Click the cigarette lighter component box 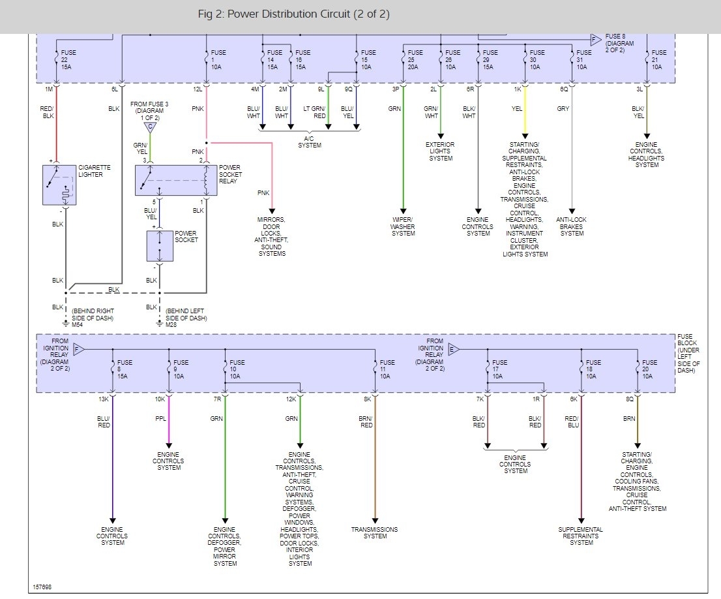coord(59,185)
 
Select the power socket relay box coord(175,180)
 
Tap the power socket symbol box coord(160,245)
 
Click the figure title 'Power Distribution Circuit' coord(293,14)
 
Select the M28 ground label coord(171,325)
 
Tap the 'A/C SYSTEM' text coord(310,142)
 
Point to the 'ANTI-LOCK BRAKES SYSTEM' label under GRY coord(572,226)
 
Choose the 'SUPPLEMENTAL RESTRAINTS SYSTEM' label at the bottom coord(580,536)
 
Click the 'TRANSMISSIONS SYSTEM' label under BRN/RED coord(374,532)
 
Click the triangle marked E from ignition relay coord(454,349)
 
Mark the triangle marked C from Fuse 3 coord(151,127)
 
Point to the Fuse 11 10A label coord(387,369)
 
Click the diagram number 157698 coord(42,587)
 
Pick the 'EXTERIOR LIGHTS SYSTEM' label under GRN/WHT coord(440,151)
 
